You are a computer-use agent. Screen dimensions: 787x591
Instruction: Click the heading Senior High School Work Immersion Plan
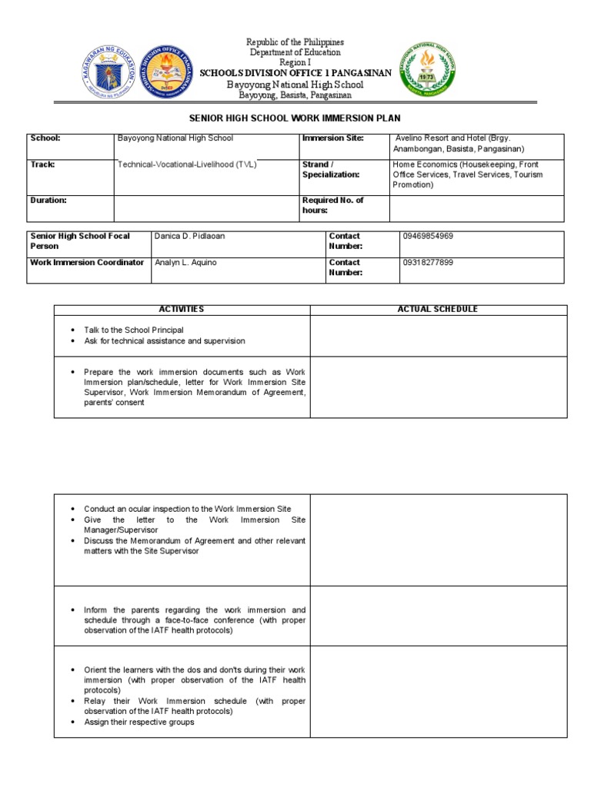(x=295, y=120)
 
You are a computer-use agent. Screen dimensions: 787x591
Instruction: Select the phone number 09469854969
(x=428, y=237)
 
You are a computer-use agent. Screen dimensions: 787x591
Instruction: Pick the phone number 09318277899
(x=428, y=263)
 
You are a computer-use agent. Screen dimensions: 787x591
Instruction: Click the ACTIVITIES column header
(x=182, y=309)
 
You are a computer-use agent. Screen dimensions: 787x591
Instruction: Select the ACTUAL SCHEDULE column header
(x=437, y=309)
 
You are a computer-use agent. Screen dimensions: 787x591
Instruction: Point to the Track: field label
(x=42, y=164)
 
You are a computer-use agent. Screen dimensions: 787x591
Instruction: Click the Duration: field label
(x=48, y=200)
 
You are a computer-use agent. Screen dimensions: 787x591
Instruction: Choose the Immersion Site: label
(x=333, y=138)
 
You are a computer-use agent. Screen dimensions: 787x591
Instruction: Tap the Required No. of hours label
(x=332, y=204)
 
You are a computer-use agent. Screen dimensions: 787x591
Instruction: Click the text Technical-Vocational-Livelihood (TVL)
(x=187, y=164)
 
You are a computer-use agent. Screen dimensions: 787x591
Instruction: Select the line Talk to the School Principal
(x=134, y=330)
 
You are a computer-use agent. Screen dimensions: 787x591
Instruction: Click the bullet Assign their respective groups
(x=139, y=722)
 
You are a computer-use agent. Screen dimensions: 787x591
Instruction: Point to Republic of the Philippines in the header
(x=295, y=42)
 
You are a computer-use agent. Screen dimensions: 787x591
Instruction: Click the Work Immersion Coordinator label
(x=87, y=263)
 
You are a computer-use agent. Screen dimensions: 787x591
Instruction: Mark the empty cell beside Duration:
(x=206, y=208)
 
